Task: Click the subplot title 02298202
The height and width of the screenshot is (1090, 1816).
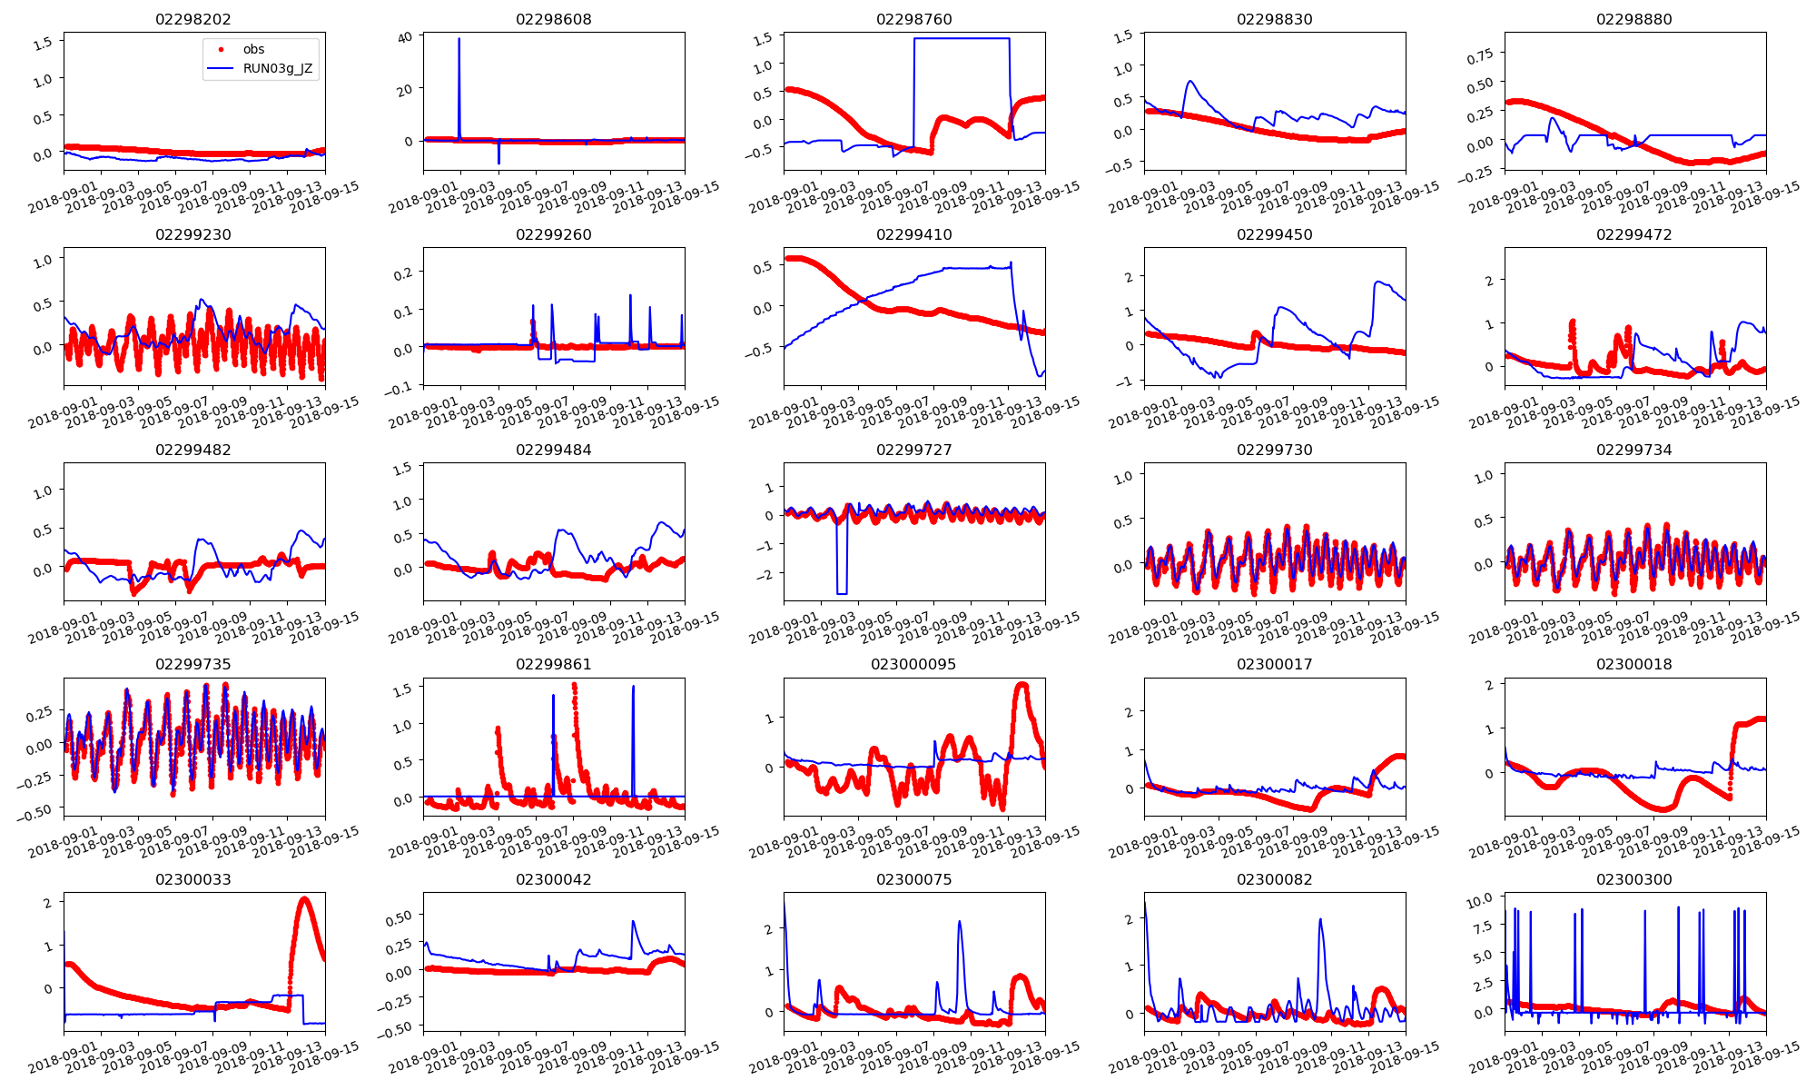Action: pyautogui.click(x=193, y=19)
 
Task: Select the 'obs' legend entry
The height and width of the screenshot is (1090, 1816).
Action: pyautogui.click(x=253, y=49)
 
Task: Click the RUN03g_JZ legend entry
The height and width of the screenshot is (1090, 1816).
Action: pyautogui.click(x=277, y=68)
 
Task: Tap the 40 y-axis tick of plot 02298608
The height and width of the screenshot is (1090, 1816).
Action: pyautogui.click(x=405, y=36)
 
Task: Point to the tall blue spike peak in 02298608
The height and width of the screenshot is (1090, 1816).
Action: pyautogui.click(x=459, y=39)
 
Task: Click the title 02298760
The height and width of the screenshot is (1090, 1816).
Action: pyautogui.click(x=914, y=19)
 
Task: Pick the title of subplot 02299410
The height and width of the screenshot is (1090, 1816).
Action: pyautogui.click(x=914, y=234)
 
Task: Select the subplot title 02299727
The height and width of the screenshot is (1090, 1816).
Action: pyautogui.click(x=914, y=450)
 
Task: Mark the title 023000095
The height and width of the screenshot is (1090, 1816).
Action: pyautogui.click(x=914, y=664)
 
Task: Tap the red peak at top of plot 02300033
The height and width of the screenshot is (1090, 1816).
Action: pyautogui.click(x=304, y=899)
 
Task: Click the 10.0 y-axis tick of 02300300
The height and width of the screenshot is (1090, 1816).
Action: pyautogui.click(x=1480, y=899)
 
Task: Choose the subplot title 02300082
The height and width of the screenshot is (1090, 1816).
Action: pyautogui.click(x=1275, y=879)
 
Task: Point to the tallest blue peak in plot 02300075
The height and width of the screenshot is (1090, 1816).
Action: pyautogui.click(x=960, y=922)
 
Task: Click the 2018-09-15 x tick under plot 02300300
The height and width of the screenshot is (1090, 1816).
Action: pyautogui.click(x=1765, y=1058)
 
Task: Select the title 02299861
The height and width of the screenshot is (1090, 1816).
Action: pyautogui.click(x=554, y=664)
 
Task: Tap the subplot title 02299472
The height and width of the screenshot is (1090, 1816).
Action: pyautogui.click(x=1634, y=234)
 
